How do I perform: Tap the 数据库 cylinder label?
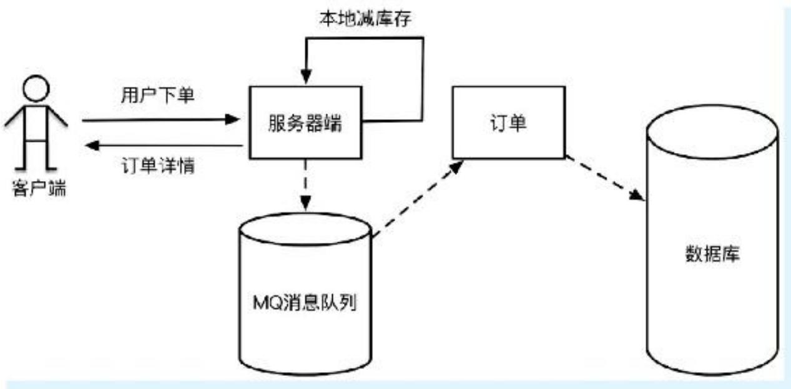[712, 255]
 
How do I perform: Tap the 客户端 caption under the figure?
[38, 188]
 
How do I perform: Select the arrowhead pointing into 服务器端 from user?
[236, 119]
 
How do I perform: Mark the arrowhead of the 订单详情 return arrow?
[91, 146]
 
